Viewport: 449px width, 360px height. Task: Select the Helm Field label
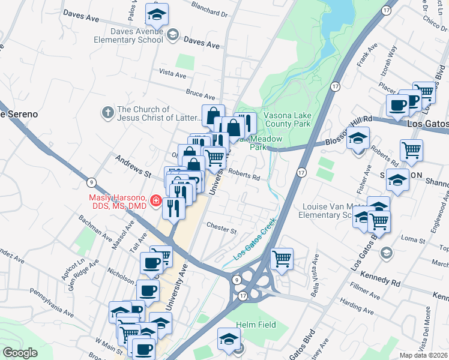point(256,325)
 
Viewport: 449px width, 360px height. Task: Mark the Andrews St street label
point(133,166)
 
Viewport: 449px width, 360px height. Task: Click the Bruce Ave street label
point(200,95)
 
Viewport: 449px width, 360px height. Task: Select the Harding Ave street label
point(357,298)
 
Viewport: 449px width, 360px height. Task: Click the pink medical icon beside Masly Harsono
point(156,201)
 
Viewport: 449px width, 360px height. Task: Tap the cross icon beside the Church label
point(107,110)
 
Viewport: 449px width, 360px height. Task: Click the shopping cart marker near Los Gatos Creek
point(282,259)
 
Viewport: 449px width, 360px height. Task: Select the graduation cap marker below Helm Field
point(229,340)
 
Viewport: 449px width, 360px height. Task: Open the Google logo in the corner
point(20,353)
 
